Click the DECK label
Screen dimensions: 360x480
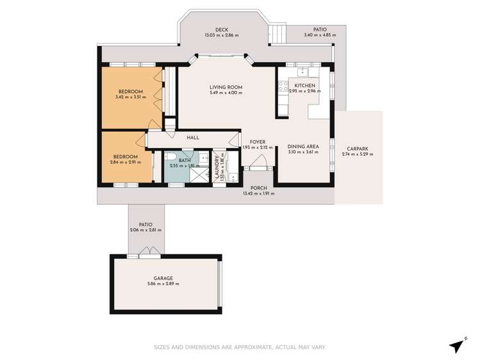[222, 29]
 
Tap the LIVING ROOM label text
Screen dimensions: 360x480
[226, 87]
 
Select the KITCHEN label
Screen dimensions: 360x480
[304, 85]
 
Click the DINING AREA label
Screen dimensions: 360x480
[303, 146]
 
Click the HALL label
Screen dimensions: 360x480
[193, 138]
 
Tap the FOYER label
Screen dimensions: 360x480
[258, 142]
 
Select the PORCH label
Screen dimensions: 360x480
[258, 188]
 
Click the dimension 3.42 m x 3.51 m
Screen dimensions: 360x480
[130, 97]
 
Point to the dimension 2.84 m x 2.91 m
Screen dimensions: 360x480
[126, 162]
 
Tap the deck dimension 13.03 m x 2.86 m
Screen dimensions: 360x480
[222, 35]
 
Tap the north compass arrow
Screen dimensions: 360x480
[457, 344]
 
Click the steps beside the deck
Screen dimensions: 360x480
[277, 33]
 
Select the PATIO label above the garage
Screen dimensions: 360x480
[145, 224]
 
